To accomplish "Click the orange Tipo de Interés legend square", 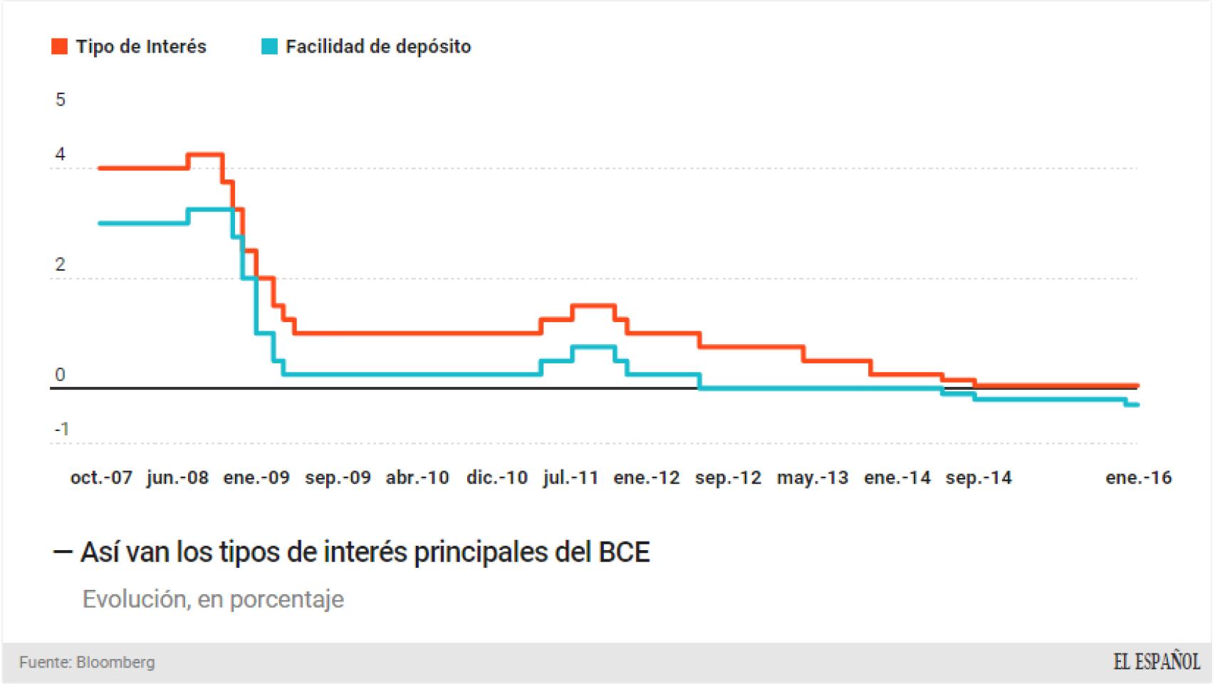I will point(60,47).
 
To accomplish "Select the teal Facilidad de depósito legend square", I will point(269,47).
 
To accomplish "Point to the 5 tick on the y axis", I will point(61,100).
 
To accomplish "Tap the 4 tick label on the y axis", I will point(61,155).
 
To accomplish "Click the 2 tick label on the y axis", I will point(61,265).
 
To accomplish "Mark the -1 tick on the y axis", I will point(62,430).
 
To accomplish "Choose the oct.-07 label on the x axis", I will point(101,478).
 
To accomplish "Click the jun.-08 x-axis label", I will point(177,478).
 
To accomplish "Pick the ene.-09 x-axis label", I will point(256,478).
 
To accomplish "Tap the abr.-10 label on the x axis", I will point(417,478).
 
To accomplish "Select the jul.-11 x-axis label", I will point(570,478).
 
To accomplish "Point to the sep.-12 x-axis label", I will point(728,478).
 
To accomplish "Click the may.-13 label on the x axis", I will point(813,478).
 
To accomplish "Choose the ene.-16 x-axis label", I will point(1138,478).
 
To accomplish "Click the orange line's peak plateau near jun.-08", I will point(206,155).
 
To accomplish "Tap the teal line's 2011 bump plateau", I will point(593,347).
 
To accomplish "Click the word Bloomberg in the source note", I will point(115,663).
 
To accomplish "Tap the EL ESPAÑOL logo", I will point(1157,662).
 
